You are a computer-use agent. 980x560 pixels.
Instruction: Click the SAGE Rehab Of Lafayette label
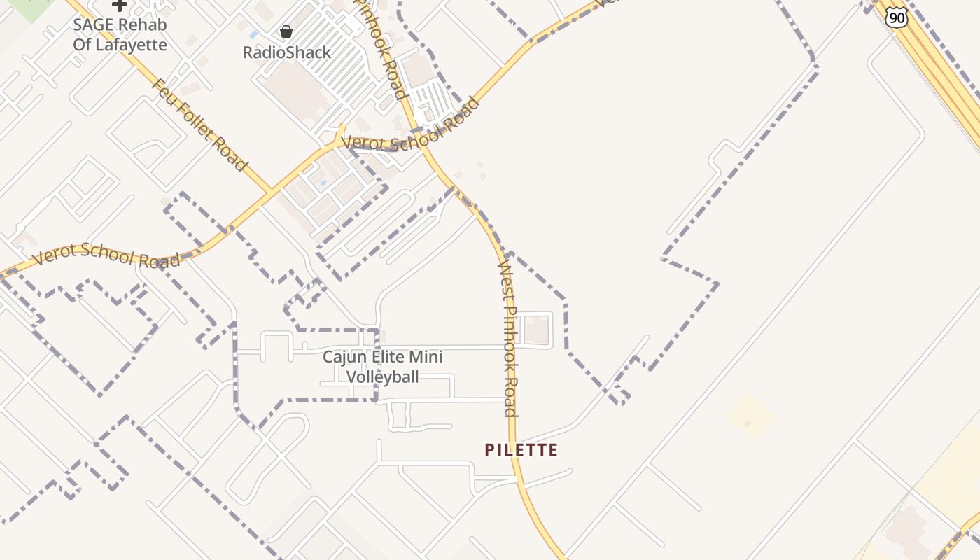[120, 35]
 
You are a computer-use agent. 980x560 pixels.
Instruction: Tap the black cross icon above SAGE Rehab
[120, 5]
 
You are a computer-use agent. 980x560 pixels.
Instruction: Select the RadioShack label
[287, 52]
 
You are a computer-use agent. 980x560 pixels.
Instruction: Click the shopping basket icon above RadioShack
[286, 31]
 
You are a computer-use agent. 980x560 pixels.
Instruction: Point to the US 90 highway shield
[897, 18]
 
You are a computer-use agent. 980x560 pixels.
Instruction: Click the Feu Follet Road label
[199, 125]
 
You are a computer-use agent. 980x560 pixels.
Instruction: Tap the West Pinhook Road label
[508, 339]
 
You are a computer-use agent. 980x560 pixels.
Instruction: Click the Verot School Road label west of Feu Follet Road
[106, 255]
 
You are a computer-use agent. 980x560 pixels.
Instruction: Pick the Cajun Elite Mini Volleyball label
[383, 367]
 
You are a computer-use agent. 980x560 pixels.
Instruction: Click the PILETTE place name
[521, 450]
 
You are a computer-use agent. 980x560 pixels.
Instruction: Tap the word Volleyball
[383, 377]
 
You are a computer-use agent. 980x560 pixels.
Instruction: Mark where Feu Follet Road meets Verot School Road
[272, 192]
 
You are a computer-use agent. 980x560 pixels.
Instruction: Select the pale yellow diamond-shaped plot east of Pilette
[751, 416]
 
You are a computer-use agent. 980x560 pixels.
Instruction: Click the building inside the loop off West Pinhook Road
[537, 330]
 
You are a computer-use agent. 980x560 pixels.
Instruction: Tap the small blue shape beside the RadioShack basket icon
[253, 34]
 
